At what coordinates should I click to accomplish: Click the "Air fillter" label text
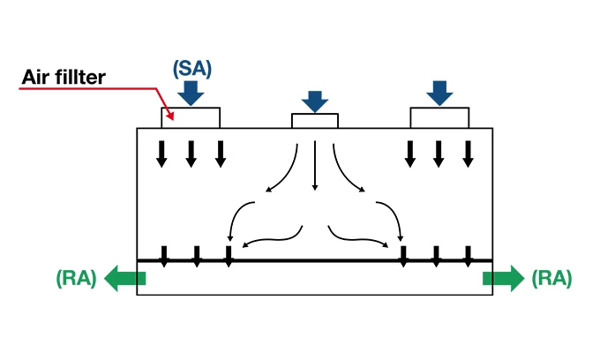[63, 78]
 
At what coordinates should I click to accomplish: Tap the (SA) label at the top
[192, 67]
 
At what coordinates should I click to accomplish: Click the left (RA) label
[76, 279]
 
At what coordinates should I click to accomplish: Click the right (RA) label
[551, 279]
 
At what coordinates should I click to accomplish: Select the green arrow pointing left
[124, 279]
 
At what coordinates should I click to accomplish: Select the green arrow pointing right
[503, 279]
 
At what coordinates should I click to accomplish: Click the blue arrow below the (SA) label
[191, 92]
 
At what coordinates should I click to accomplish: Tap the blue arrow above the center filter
[315, 100]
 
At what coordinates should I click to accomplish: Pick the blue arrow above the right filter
[439, 92]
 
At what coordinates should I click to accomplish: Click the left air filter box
[191, 117]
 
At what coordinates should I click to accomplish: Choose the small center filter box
[315, 121]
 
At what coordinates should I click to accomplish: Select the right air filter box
[439, 117]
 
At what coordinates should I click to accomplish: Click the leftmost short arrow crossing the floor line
[164, 256]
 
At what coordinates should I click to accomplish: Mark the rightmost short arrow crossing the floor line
[468, 256]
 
